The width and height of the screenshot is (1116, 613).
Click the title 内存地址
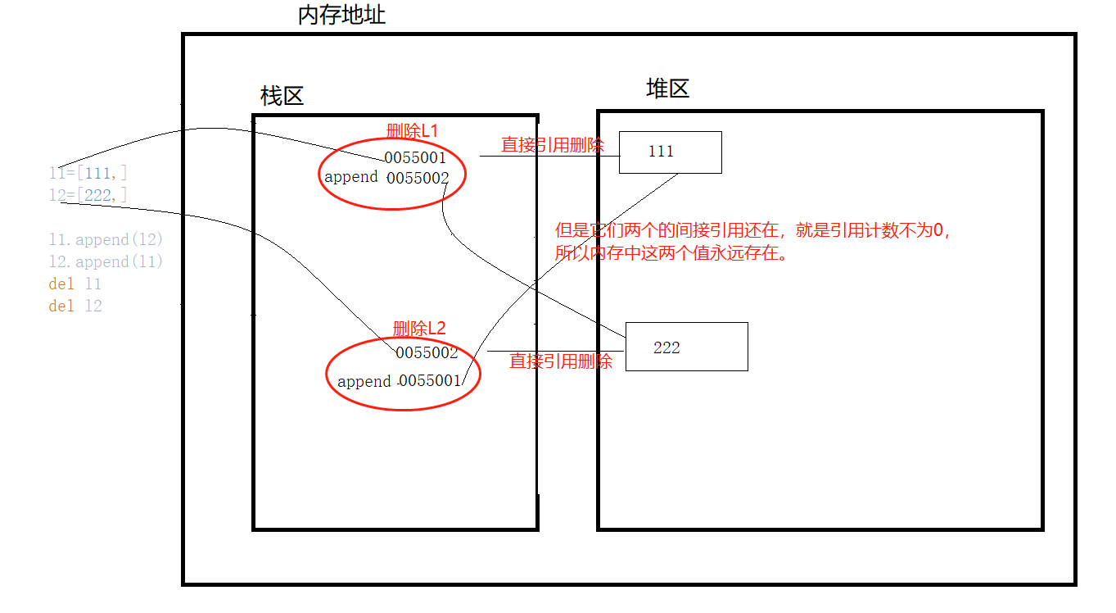(x=341, y=15)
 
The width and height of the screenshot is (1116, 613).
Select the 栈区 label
(x=282, y=97)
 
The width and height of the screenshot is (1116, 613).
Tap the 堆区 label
(x=667, y=89)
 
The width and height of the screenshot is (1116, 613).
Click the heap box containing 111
(x=670, y=152)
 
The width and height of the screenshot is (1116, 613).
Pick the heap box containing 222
(x=686, y=347)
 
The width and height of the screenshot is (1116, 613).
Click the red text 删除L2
(x=419, y=329)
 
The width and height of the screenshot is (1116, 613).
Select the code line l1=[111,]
(x=88, y=173)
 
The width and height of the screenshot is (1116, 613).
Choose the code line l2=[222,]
(x=88, y=194)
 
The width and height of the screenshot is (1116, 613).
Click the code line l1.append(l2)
(x=106, y=240)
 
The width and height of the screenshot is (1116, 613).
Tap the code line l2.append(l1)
(x=106, y=261)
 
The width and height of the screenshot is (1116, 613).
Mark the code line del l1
(x=75, y=284)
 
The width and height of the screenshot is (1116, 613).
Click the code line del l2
(x=75, y=306)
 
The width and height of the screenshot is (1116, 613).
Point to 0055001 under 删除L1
(x=415, y=157)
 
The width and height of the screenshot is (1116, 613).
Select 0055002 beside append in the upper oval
(x=418, y=178)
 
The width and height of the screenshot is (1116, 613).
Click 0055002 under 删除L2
(x=426, y=353)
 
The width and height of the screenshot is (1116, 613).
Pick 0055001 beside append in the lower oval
(x=430, y=381)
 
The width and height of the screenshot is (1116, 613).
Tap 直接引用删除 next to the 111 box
(x=553, y=145)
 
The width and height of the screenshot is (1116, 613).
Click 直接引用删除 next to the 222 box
(x=561, y=361)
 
